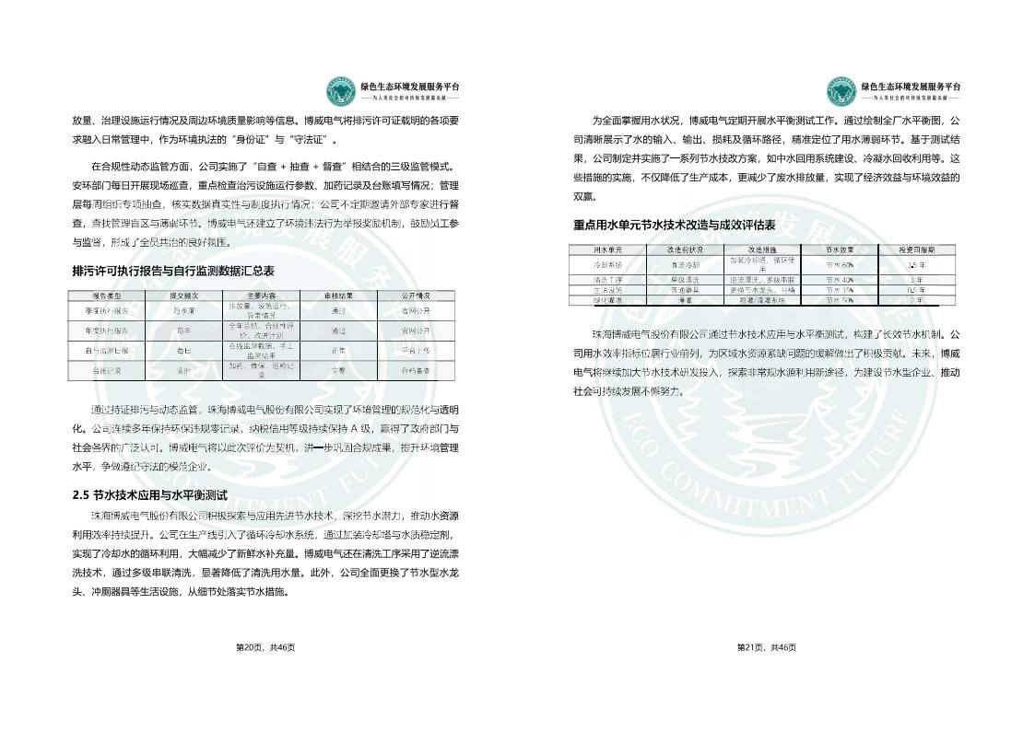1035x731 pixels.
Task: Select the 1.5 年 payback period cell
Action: pyautogui.click(x=916, y=264)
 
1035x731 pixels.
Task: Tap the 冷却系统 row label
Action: pyautogui.click(x=607, y=264)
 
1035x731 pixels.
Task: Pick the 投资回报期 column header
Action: pyautogui.click(x=916, y=249)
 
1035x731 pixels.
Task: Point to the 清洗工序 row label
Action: pyautogui.click(x=607, y=279)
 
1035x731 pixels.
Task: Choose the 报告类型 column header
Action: pyautogui.click(x=107, y=296)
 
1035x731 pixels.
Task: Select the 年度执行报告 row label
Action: pyautogui.click(x=107, y=331)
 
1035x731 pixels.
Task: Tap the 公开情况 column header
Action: pyautogui.click(x=416, y=296)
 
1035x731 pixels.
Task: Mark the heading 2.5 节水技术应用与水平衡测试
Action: pyautogui.click(x=149, y=495)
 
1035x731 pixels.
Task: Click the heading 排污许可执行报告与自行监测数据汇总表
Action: pyautogui.click(x=173, y=271)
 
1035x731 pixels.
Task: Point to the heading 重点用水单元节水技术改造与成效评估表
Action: pyautogui.click(x=674, y=225)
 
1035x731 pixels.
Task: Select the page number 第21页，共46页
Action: pyautogui.click(x=767, y=647)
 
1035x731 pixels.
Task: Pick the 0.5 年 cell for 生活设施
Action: pyautogui.click(x=916, y=289)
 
